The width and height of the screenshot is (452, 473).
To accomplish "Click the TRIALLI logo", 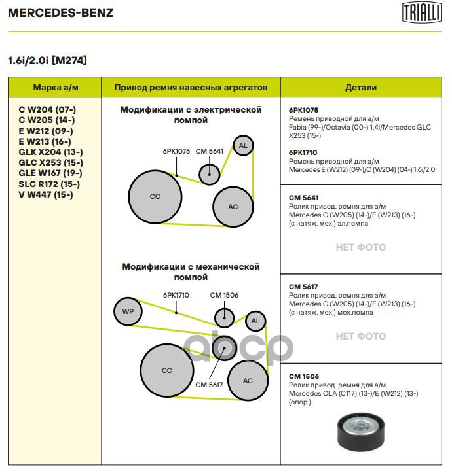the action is [421, 12].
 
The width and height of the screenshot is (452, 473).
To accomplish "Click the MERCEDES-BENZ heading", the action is [61, 12].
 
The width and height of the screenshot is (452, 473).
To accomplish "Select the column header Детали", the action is [361, 87].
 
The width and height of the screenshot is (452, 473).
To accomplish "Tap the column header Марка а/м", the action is [56, 87].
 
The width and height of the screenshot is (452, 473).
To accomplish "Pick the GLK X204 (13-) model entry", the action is [50, 152].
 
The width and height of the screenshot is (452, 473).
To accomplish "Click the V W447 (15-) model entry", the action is [46, 194].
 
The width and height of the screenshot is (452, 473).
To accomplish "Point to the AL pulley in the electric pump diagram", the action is [243, 145].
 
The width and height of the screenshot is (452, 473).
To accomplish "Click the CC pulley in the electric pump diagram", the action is [155, 197].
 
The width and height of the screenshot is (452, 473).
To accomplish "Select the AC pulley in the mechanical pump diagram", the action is [248, 381].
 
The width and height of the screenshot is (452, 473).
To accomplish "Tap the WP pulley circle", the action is [128, 311].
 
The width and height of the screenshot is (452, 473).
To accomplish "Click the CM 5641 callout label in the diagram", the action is [210, 151].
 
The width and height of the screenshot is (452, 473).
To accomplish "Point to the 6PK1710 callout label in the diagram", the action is [176, 295].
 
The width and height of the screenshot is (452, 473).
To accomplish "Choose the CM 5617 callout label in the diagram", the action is [209, 385].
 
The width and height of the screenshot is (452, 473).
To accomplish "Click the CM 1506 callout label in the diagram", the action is [224, 295].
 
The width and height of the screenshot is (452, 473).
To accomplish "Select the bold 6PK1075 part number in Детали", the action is [303, 110].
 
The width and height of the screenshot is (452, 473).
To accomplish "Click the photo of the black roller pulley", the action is [361, 432].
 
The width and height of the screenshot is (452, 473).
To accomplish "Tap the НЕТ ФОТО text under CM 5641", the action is [361, 247].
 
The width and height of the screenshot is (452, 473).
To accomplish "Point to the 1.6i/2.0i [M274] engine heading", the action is [47, 60].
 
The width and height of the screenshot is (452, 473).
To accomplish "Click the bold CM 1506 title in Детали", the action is [304, 376].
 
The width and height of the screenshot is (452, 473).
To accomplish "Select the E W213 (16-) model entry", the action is [45, 141].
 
